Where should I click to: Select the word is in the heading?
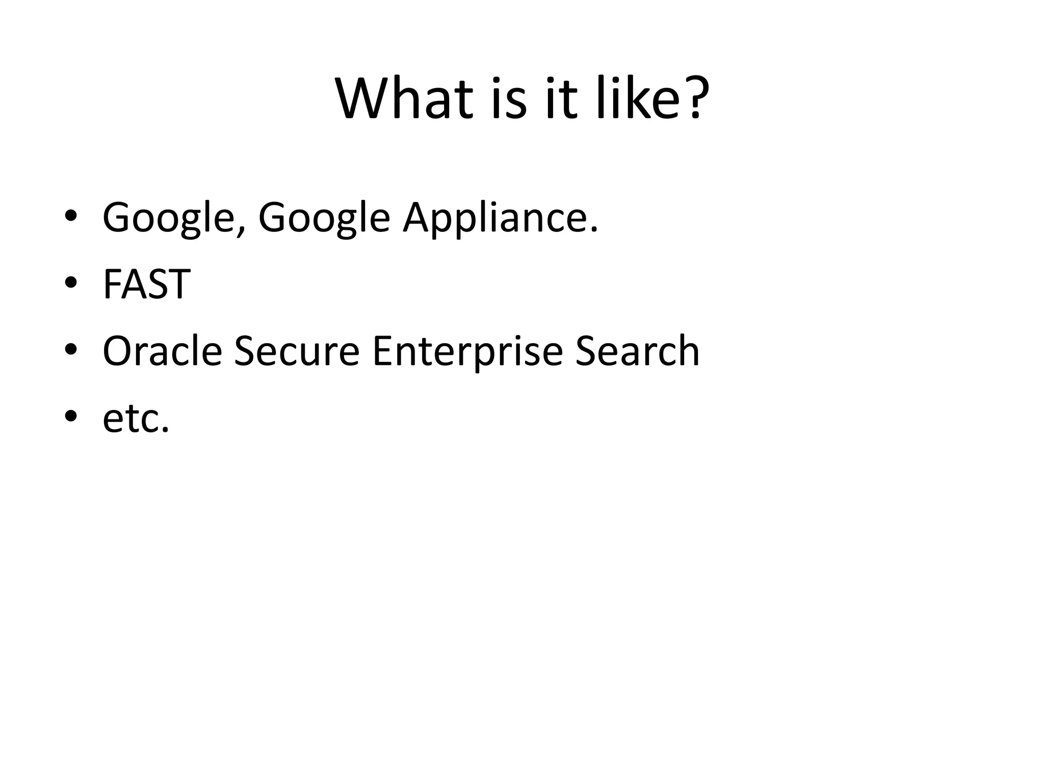pos(510,98)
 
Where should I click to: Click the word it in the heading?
pos(561,98)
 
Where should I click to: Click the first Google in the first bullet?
pos(169,218)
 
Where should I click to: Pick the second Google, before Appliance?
pos(325,218)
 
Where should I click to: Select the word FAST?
pos(147,284)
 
